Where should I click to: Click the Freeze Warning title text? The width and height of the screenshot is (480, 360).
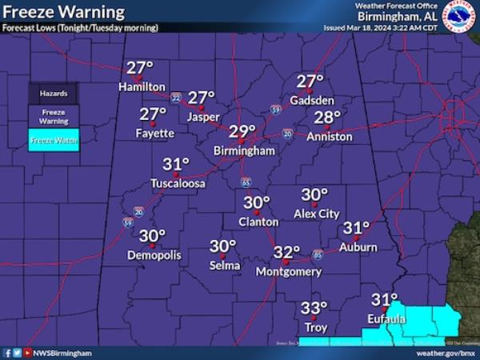[63, 12]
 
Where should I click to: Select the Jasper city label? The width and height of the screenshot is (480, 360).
[203, 116]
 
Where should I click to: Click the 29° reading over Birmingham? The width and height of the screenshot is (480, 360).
[242, 131]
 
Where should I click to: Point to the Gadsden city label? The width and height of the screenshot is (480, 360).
[312, 101]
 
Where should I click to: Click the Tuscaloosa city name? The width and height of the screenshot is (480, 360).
[178, 183]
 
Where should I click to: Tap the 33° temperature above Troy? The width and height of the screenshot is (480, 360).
[314, 309]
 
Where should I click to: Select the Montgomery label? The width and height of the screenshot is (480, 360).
[288, 272]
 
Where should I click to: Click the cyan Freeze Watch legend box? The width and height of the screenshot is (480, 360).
[54, 140]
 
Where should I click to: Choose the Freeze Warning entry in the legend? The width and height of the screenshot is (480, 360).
[54, 117]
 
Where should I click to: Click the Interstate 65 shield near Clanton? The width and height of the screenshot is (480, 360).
[246, 182]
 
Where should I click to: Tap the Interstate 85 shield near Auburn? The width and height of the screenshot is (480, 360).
[318, 254]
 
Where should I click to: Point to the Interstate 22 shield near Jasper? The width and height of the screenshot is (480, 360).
[175, 98]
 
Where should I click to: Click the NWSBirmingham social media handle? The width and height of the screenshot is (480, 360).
[62, 352]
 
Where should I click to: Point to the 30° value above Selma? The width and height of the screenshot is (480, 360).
[223, 246]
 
